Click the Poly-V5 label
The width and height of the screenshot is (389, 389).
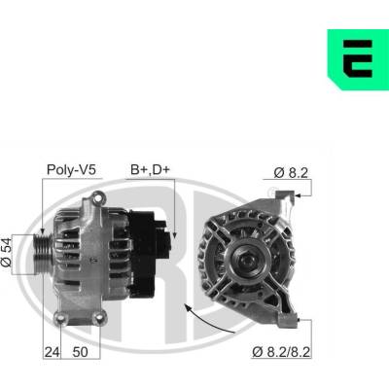coord(71,169)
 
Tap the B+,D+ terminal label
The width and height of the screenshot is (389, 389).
coord(150,169)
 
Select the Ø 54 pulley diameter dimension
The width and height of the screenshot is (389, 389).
coord(6,253)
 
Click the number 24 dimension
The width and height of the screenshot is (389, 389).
coord(52,352)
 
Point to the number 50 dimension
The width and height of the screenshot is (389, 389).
coord(80,352)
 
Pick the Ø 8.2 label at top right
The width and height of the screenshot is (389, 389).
coord(291,173)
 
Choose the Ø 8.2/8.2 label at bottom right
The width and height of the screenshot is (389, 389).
coord(281,352)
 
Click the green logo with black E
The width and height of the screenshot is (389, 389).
coord(358,59)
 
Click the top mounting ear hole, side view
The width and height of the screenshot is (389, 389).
coord(97,198)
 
